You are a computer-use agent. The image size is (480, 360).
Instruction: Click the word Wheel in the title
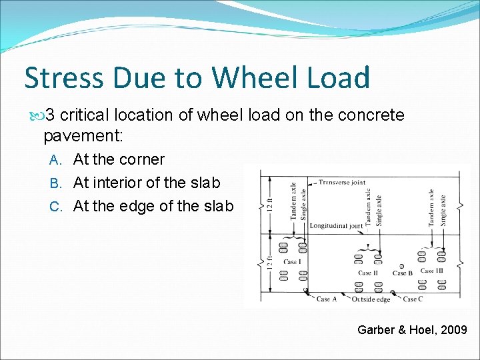click(x=247, y=77)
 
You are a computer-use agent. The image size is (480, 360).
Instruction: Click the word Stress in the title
click(x=64, y=77)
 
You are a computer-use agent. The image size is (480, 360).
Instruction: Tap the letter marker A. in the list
click(x=57, y=160)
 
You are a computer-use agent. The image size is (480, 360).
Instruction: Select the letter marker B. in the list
click(x=57, y=183)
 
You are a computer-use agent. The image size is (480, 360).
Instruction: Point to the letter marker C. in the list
click(x=57, y=207)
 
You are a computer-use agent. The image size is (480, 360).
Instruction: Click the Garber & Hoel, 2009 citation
click(x=412, y=329)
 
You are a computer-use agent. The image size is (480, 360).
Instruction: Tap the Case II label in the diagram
click(x=368, y=273)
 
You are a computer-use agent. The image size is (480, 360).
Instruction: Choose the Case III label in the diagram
click(x=432, y=271)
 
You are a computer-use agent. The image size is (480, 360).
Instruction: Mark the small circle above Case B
click(x=401, y=266)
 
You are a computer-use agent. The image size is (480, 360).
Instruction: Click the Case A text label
click(x=327, y=299)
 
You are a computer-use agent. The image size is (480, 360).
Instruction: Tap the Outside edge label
click(x=371, y=299)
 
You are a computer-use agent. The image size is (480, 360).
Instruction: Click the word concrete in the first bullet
click(x=371, y=115)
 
